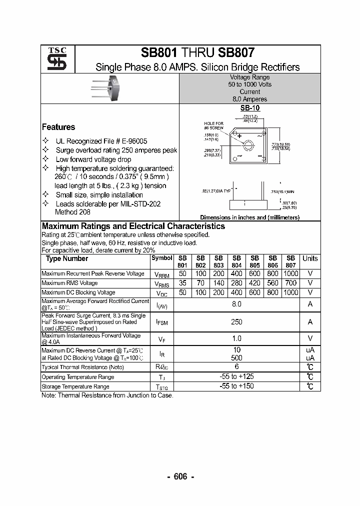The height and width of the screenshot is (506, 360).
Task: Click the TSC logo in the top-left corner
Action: tap(53, 59)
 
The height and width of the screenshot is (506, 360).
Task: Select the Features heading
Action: tap(58, 127)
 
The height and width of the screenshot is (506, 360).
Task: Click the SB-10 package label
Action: tap(249, 107)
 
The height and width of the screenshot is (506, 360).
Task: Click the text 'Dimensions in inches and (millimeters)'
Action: tap(249, 217)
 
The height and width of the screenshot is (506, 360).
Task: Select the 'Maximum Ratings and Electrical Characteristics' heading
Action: tap(133, 226)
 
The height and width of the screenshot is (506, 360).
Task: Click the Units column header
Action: tap(310, 258)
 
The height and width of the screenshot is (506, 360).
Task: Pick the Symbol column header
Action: tap(161, 258)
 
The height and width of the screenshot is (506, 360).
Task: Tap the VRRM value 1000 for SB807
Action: tap(290, 273)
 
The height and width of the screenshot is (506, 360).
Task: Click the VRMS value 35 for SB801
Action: tap(182, 283)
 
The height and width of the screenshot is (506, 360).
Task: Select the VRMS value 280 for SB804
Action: tap(236, 283)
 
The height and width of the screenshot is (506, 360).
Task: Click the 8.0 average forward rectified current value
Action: tap(236, 304)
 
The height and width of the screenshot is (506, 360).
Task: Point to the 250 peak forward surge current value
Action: tap(236, 322)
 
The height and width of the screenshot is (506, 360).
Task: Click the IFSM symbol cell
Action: tap(161, 322)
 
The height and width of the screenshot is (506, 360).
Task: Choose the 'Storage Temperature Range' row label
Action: tap(75, 386)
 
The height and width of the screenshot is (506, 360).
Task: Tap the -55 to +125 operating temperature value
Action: tap(236, 376)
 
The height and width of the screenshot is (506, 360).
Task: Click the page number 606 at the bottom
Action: tap(180, 477)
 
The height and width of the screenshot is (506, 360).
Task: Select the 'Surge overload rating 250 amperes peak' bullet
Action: tap(116, 150)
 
